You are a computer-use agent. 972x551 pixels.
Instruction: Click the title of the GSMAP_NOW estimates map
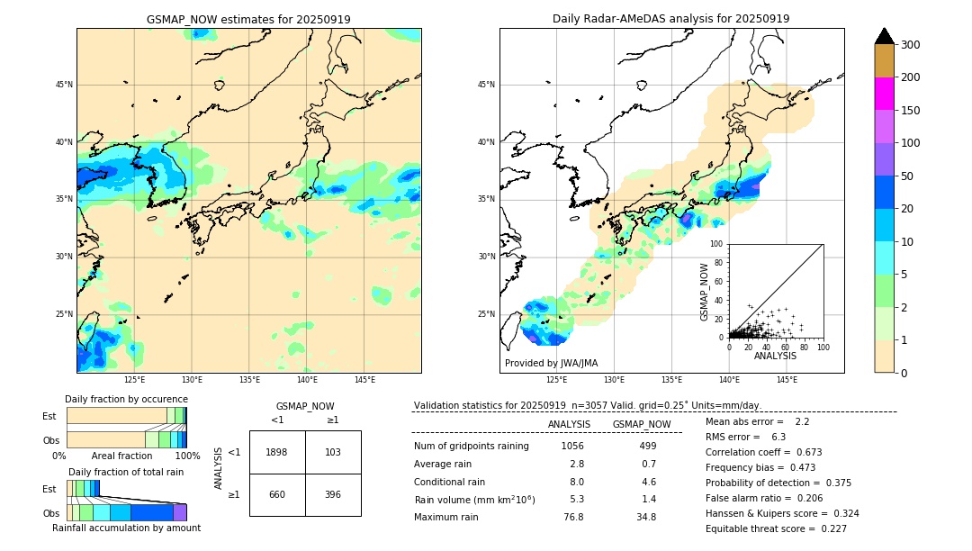pos(248,19)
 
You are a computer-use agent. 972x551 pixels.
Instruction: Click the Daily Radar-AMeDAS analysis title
pos(670,19)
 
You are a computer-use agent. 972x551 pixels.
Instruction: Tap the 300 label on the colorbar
pos(911,45)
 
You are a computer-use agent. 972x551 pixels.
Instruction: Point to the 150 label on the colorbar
pos(911,111)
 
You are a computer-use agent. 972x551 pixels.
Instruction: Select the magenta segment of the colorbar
pos(885,94)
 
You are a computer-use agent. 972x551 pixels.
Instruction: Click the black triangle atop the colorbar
pos(885,36)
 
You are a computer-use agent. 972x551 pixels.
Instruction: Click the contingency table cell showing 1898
pos(277,452)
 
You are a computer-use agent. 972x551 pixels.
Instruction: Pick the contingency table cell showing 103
pos(333,452)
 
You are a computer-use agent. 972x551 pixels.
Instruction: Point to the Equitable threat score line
pos(776,528)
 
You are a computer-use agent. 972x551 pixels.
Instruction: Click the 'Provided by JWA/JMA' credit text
pos(551,363)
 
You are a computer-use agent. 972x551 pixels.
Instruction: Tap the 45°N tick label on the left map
pos(64,85)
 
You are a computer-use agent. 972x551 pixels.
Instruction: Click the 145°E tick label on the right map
pos(787,380)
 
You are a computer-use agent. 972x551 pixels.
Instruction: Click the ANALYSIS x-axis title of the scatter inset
pos(775,356)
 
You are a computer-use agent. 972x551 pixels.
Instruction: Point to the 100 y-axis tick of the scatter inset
pos(716,244)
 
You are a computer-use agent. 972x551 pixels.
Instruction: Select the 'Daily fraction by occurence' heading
pos(126,399)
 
